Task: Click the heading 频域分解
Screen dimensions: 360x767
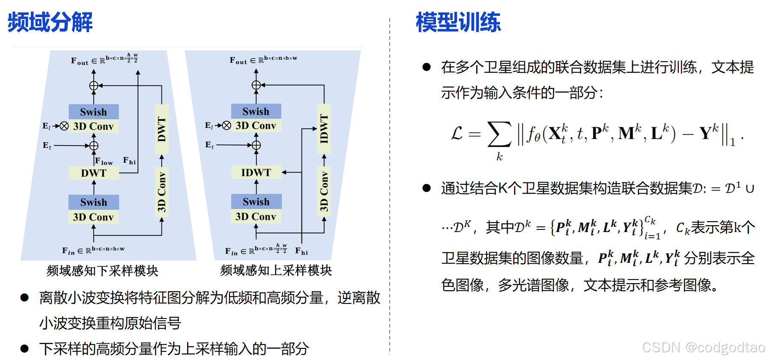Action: [50, 22]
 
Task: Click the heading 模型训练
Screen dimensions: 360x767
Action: [458, 22]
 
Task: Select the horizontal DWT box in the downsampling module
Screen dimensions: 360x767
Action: [94, 173]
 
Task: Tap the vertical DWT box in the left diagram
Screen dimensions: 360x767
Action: [161, 129]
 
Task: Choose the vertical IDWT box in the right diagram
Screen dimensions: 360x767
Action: [324, 128]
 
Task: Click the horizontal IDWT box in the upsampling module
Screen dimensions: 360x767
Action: [256, 173]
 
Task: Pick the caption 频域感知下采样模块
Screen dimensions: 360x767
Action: [102, 271]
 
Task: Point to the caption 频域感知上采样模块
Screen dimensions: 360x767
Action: [276, 270]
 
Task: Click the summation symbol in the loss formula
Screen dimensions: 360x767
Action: [499, 134]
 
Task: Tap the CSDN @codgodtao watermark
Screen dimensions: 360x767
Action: [703, 347]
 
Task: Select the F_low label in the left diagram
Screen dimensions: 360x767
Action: [104, 161]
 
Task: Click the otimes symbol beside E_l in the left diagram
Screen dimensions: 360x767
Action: [64, 126]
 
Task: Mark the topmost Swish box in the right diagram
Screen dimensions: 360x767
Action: [256, 111]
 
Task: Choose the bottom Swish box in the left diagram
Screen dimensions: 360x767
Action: [94, 202]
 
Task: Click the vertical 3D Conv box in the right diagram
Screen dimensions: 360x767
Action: [324, 192]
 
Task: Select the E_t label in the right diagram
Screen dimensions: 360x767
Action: [209, 145]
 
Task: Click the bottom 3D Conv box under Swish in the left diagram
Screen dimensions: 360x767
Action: [93, 217]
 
